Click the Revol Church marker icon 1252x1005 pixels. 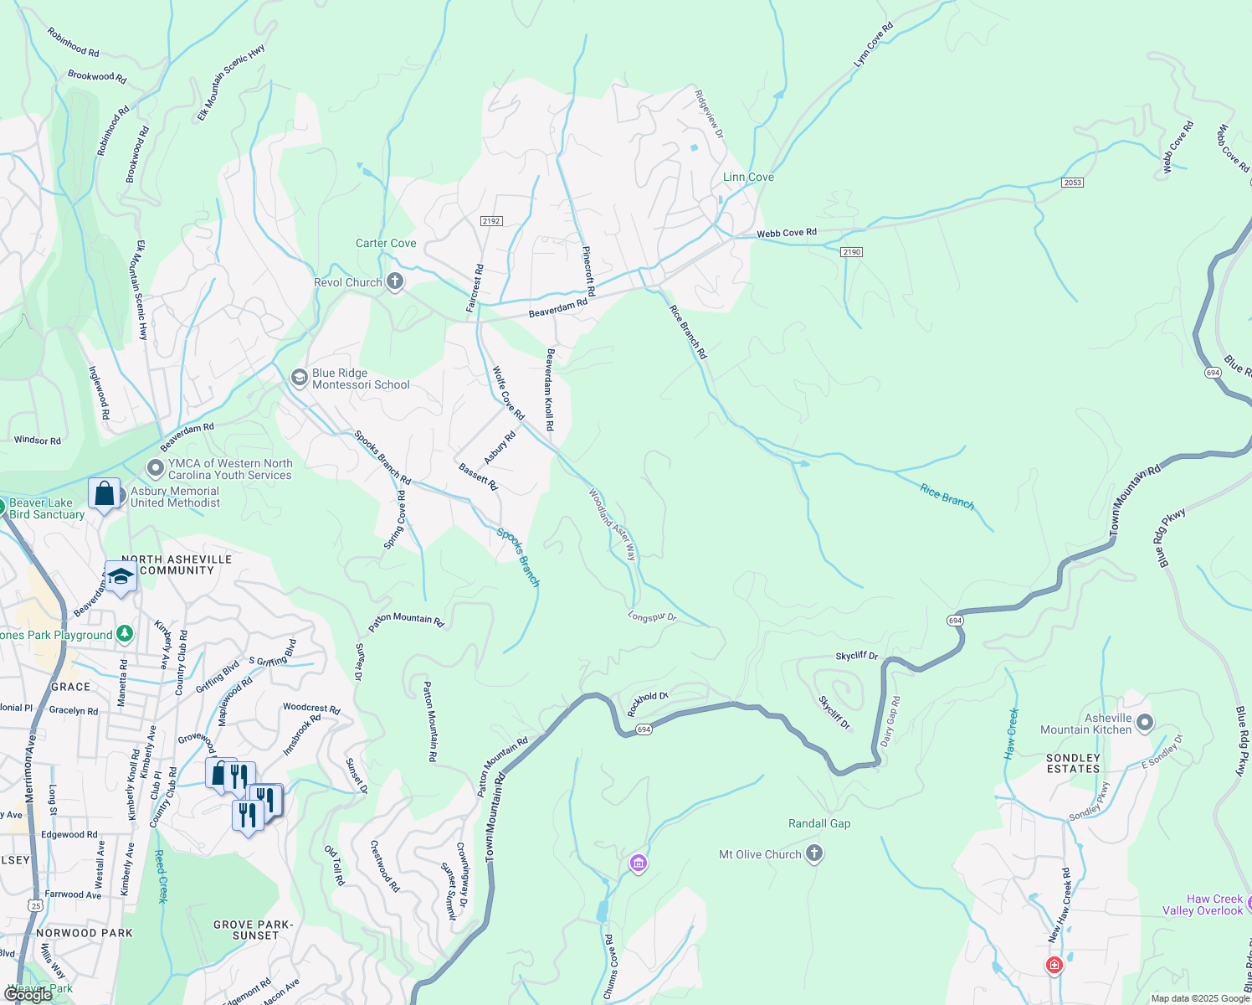pyautogui.click(x=395, y=282)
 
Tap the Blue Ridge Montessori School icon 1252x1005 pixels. pyautogui.click(x=299, y=379)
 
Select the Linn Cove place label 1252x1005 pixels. pyautogui.click(x=748, y=178)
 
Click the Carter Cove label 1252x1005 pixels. pyautogui.click(x=386, y=244)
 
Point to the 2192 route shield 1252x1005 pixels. pyautogui.click(x=491, y=221)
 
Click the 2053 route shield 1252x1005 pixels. pyautogui.click(x=1072, y=183)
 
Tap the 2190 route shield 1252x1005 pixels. pyautogui.click(x=852, y=252)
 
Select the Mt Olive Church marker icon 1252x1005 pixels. pyautogui.click(x=814, y=854)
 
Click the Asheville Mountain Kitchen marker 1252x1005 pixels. pyautogui.click(x=1145, y=723)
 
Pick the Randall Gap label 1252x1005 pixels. pyautogui.click(x=819, y=824)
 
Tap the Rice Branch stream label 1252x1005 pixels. pyautogui.click(x=947, y=497)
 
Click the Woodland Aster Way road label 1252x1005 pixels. pyautogui.click(x=613, y=525)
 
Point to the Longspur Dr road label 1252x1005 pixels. pyautogui.click(x=652, y=617)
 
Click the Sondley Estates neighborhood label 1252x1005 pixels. pyautogui.click(x=1074, y=763)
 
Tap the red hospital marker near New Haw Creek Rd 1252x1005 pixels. pyautogui.click(x=1054, y=965)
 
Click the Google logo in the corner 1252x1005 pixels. pyautogui.click(x=28, y=995)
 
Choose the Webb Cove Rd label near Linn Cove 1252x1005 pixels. pyautogui.click(x=787, y=233)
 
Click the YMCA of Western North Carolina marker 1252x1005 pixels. pyautogui.click(x=155, y=468)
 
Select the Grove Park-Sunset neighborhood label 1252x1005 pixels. pyautogui.click(x=253, y=930)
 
